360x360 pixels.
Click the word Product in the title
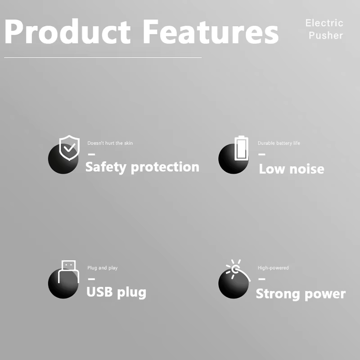67,31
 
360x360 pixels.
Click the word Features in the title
211,31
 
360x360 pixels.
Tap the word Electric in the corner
324,23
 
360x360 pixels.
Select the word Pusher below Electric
326,36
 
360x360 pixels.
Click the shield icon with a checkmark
69,148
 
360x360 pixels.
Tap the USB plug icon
69,271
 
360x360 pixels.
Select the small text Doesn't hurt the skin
110,143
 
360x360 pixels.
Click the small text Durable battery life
279,143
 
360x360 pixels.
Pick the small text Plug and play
103,268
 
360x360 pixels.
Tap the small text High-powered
273,268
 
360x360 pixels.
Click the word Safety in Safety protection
106,167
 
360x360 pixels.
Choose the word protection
165,167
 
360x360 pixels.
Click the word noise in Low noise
307,169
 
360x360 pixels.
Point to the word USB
99,292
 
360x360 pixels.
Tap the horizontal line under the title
103,58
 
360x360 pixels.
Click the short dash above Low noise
262,154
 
